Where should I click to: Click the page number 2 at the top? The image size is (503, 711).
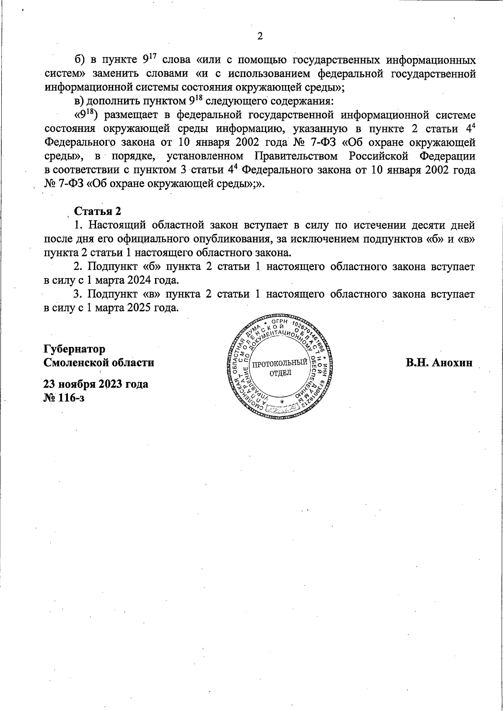click(x=259, y=36)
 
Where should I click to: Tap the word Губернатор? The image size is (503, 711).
click(x=75, y=349)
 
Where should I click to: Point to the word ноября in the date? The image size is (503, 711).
click(x=79, y=383)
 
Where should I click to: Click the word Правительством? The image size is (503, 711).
click(x=298, y=157)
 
